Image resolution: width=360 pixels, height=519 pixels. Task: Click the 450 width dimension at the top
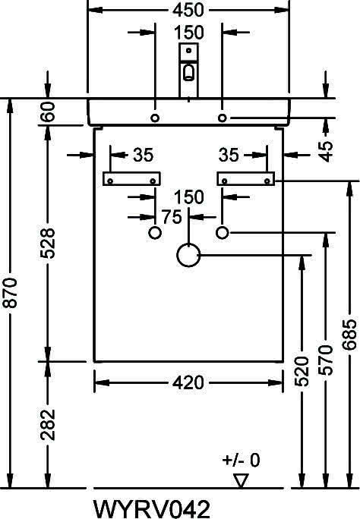(188, 10)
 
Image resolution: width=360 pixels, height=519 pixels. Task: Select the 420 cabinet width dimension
(188, 383)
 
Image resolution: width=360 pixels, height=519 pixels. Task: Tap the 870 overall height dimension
(11, 293)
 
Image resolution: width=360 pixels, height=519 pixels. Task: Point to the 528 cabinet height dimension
(48, 244)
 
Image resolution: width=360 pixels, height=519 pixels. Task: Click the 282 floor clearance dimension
(48, 425)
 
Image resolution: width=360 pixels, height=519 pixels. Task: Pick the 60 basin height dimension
(48, 112)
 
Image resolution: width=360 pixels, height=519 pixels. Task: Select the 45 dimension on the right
(327, 152)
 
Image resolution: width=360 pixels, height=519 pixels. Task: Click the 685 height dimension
(349, 335)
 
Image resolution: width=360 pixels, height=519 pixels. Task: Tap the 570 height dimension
(326, 360)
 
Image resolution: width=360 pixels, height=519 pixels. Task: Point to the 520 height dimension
(302, 371)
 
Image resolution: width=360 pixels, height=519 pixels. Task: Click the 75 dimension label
(172, 217)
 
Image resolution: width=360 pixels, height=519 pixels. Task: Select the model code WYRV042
(152, 508)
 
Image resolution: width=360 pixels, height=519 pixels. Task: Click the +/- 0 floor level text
(242, 460)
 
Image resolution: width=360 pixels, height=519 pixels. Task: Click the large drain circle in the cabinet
(188, 255)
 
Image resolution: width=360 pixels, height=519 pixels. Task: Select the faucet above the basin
(189, 70)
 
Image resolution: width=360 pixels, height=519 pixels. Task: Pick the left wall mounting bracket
(132, 179)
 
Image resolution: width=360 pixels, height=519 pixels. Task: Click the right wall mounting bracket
(246, 179)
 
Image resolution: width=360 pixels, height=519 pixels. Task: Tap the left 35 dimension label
(144, 155)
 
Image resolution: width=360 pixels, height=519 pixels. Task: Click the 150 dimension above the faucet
(189, 33)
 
